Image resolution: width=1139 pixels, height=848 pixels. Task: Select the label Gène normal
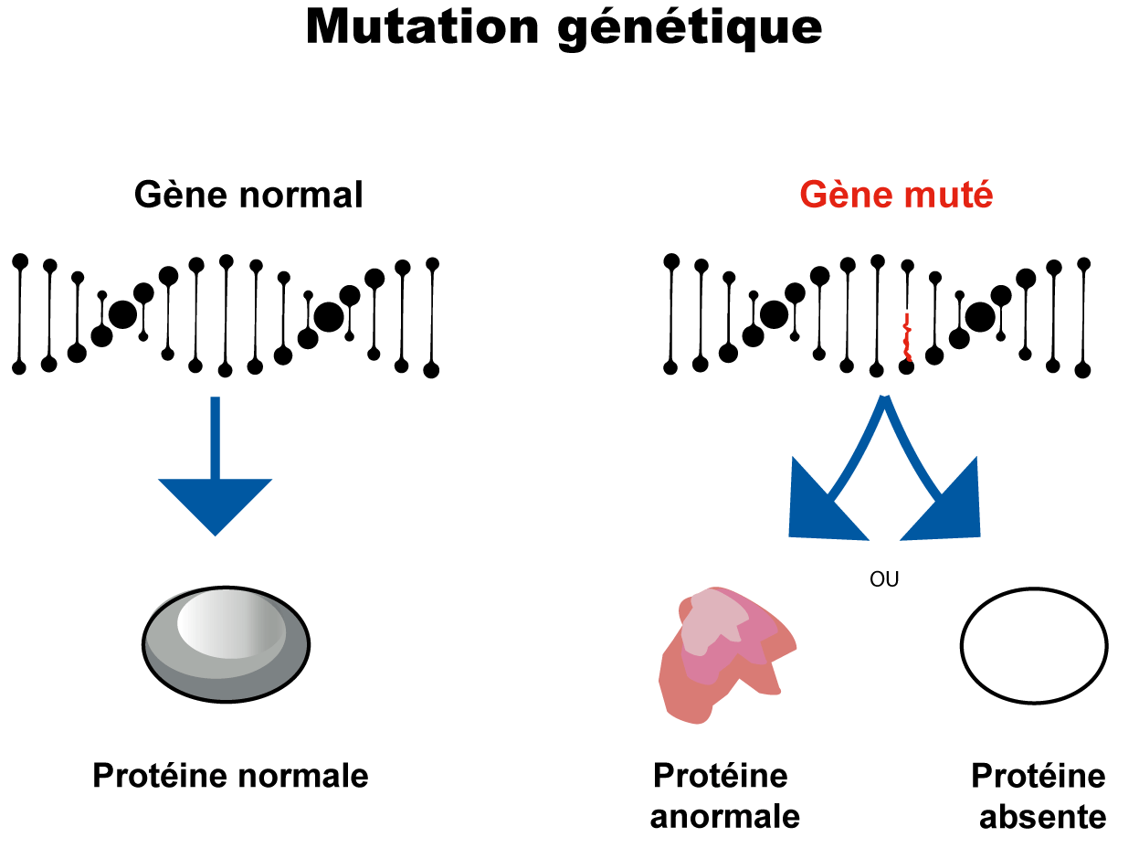[248, 195]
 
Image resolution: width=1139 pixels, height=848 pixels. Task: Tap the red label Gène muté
[896, 195]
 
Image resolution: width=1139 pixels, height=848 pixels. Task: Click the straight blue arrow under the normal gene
[216, 475]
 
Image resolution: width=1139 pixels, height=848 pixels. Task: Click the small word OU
[884, 580]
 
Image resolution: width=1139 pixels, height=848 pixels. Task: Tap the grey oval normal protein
[227, 658]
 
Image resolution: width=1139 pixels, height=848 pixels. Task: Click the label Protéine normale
[230, 776]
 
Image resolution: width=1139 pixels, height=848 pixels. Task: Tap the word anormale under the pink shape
[724, 816]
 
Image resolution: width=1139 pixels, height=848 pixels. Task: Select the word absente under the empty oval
[1042, 816]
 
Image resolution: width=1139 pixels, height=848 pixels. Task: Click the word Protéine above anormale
[720, 776]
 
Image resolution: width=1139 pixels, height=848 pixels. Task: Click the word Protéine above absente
[1038, 776]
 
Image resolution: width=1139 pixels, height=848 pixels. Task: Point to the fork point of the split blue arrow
[884, 402]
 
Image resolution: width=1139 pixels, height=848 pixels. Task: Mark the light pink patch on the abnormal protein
[712, 621]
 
